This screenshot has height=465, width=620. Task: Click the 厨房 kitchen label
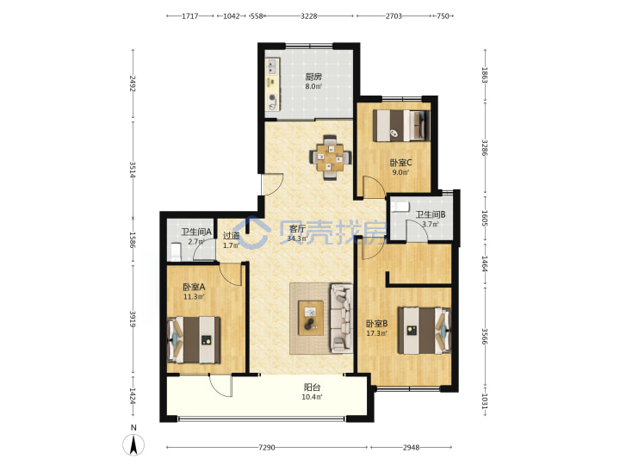pyautogui.click(x=313, y=77)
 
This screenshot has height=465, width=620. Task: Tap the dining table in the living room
pyautogui.click(x=330, y=158)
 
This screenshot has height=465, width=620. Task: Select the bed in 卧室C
pyautogui.click(x=401, y=125)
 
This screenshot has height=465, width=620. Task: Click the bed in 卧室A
pyautogui.click(x=194, y=339)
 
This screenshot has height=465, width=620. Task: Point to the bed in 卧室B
pyautogui.click(x=425, y=331)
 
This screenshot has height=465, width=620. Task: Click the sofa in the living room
pyautogui.click(x=341, y=318)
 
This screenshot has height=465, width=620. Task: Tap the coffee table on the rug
pyautogui.click(x=311, y=318)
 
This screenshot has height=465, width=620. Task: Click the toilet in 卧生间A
pyautogui.click(x=175, y=251)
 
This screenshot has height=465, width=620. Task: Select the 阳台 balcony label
pyautogui.click(x=312, y=387)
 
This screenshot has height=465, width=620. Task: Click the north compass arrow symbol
pyautogui.click(x=133, y=444)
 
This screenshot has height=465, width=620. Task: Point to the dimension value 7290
pyautogui.click(x=266, y=448)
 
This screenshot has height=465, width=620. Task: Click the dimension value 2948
pyautogui.click(x=412, y=448)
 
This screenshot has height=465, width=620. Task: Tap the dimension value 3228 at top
pyautogui.click(x=309, y=16)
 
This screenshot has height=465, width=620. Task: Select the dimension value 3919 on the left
pyautogui.click(x=133, y=319)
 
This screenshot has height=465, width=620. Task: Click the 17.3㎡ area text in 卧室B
pyautogui.click(x=376, y=333)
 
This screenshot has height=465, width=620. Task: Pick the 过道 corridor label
pyautogui.click(x=232, y=236)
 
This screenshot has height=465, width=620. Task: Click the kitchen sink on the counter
pyautogui.click(x=272, y=67)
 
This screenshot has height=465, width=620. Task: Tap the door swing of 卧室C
pyautogui.click(x=374, y=187)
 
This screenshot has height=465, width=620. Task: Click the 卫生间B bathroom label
pyautogui.click(x=431, y=214)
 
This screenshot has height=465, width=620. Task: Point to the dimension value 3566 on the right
pyautogui.click(x=484, y=336)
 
